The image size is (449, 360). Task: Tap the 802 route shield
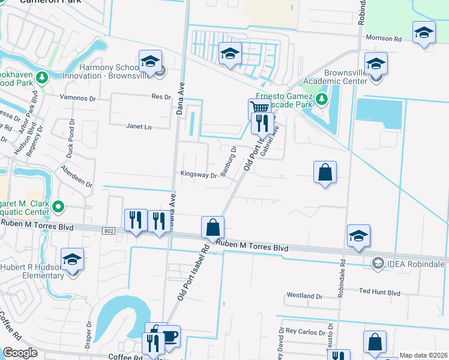[109, 230]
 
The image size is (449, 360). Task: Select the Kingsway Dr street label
[199, 175]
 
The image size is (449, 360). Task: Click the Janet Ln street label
[138, 127]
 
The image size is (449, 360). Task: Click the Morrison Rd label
[384, 38]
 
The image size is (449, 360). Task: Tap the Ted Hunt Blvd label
[379, 292]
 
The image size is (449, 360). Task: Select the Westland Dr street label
[304, 296]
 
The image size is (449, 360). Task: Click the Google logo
[20, 353]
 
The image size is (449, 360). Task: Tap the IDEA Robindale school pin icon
[378, 263]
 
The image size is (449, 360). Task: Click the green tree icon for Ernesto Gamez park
[322, 99]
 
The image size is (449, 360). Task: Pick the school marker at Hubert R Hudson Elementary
[73, 260]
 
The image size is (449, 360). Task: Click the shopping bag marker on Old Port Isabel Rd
[212, 228]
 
